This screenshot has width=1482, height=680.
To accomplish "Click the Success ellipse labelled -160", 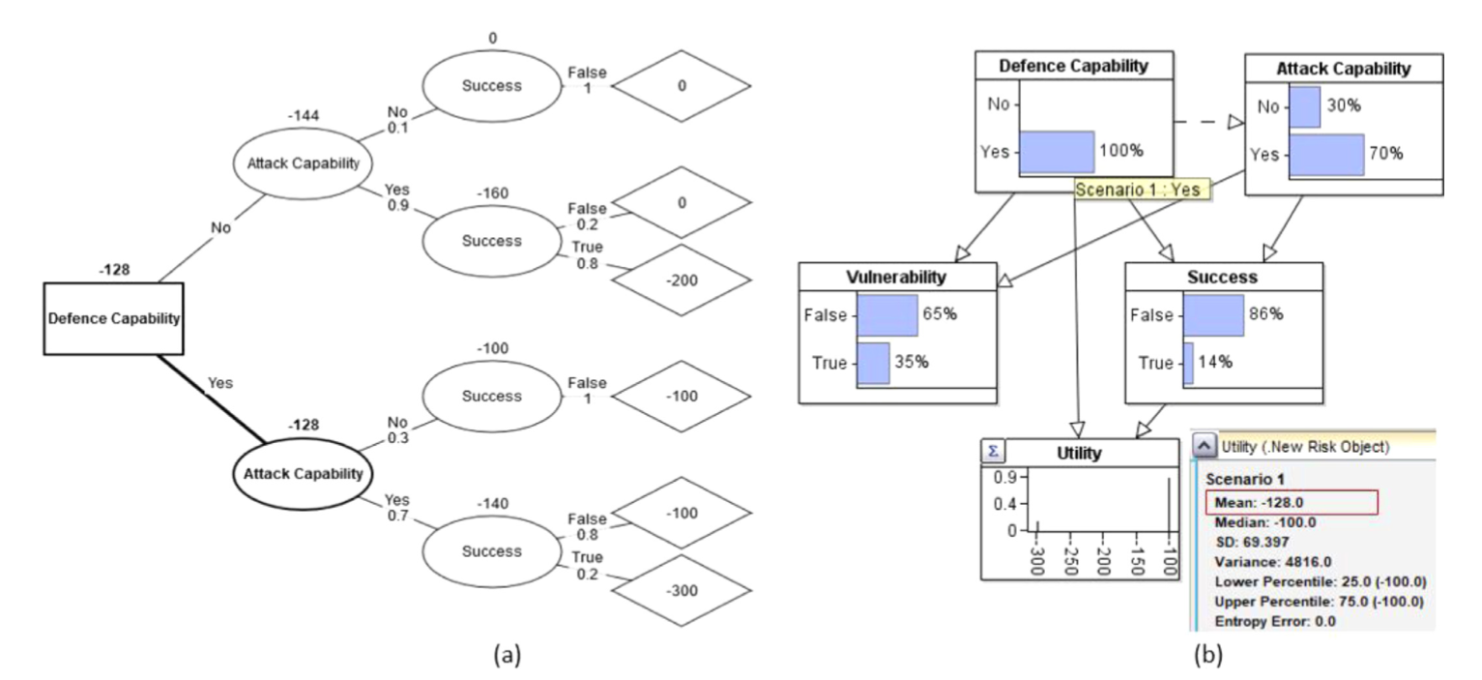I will click(x=491, y=241).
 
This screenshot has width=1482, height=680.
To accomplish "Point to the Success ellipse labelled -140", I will click(x=491, y=551).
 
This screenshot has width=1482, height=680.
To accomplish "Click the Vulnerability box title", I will click(x=898, y=276).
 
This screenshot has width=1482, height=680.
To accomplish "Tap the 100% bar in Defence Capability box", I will click(x=1057, y=152).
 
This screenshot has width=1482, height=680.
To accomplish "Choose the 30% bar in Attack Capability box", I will click(x=1304, y=107).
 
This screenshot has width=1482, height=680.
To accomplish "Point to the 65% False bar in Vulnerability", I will click(x=887, y=315).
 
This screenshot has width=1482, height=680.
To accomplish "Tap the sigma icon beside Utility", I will click(x=993, y=450).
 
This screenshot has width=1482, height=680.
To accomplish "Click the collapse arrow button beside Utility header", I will click(x=1204, y=446).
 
